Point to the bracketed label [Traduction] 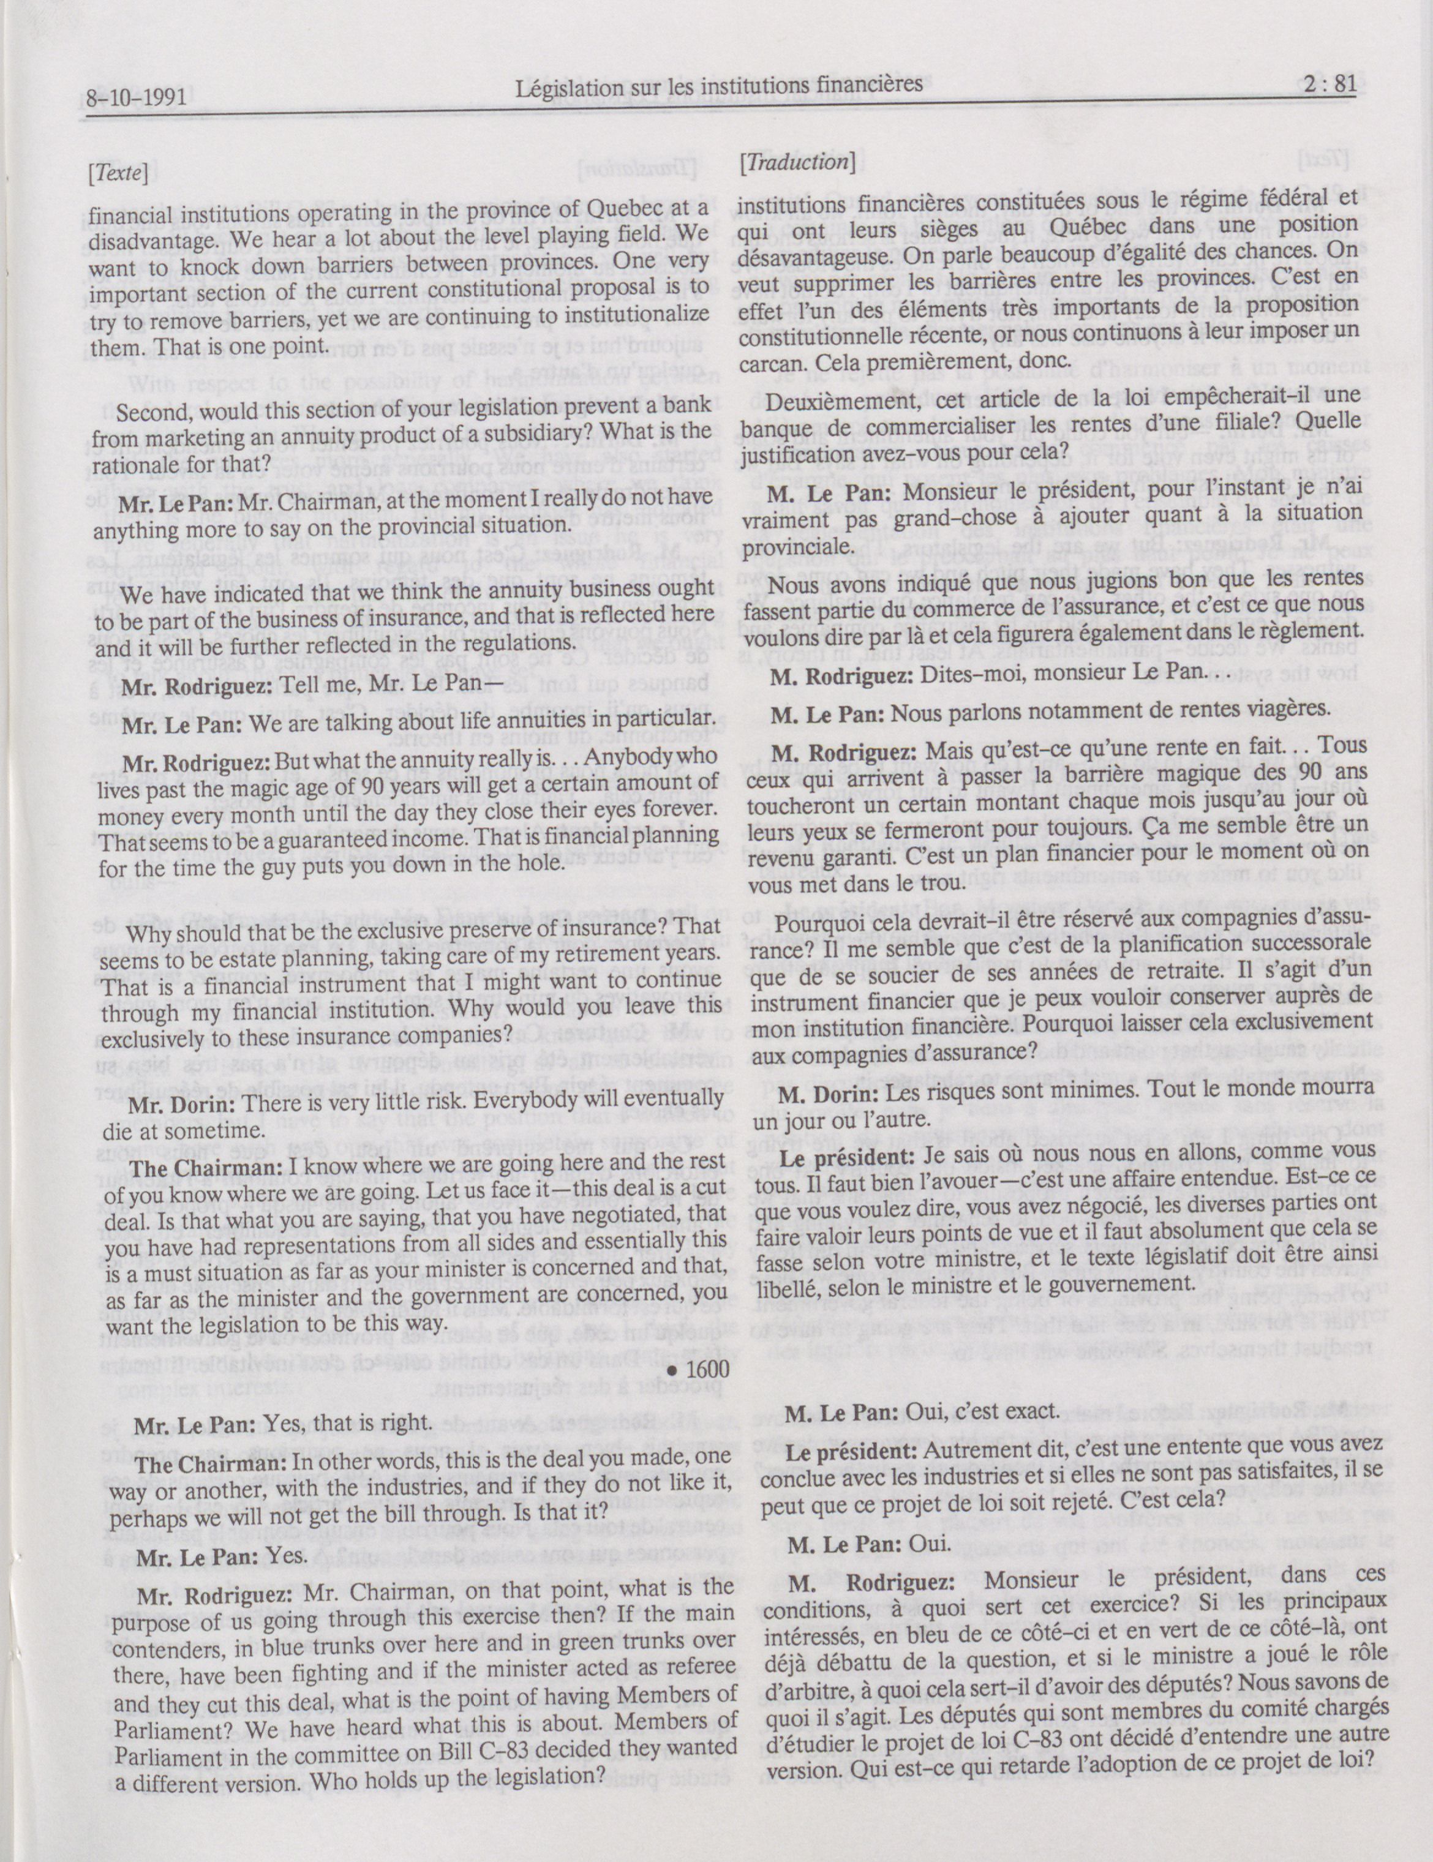click(797, 162)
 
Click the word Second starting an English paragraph click(148, 413)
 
